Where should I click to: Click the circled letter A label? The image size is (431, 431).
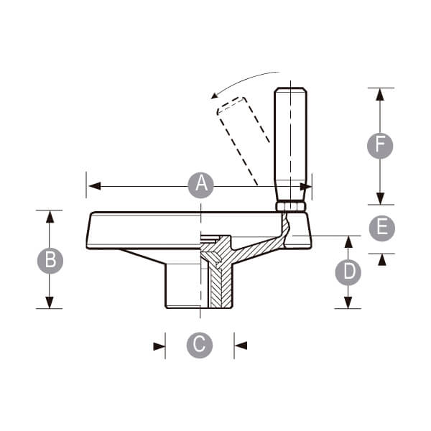tap(201, 185)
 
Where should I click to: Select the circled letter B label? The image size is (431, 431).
tap(50, 261)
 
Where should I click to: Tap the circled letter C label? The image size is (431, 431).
tap(200, 346)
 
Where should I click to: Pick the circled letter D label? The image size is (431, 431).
tap(348, 272)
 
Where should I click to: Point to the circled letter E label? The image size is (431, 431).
tap(382, 228)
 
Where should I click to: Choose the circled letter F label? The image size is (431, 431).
tap(380, 146)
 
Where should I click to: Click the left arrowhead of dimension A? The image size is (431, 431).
tap(95, 186)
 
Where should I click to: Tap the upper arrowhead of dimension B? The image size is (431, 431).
tap(50, 217)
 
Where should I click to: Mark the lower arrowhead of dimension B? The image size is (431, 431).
tap(50, 302)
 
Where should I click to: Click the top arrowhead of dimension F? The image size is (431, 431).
tap(380, 94)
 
